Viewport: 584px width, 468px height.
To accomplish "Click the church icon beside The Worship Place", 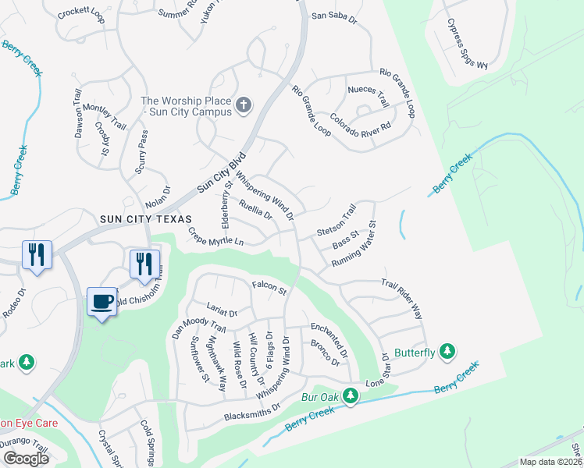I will click(x=244, y=105).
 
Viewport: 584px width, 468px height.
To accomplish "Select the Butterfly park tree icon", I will click(x=447, y=353).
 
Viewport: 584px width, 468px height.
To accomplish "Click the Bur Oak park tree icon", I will click(x=351, y=398).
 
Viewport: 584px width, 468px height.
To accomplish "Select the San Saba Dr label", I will click(x=333, y=16).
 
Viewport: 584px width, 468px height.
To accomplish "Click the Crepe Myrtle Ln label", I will click(x=215, y=236).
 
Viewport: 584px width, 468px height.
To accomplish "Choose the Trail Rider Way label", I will click(x=402, y=300).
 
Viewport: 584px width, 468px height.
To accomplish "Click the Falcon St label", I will click(x=269, y=287).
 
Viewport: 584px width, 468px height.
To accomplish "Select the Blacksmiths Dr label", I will click(x=252, y=413).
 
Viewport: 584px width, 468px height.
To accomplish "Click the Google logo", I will click(x=25, y=459).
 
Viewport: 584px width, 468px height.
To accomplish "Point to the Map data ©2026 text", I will click(x=550, y=462).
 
